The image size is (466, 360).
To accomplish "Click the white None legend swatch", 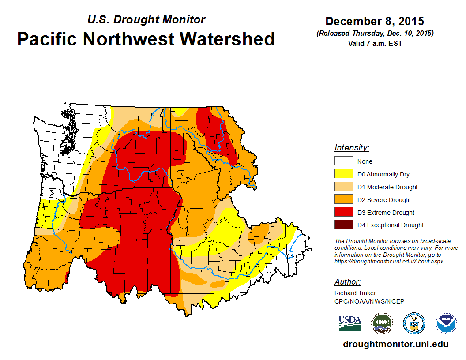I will click(x=343, y=161).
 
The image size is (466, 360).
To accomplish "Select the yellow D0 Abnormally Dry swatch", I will click(x=343, y=174).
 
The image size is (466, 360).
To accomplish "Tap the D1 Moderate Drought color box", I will click(x=343, y=187).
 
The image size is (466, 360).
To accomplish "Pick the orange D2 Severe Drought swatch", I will click(x=343, y=200).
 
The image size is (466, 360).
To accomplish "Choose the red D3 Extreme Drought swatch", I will click(x=343, y=213).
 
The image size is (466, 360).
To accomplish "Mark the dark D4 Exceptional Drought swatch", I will click(x=343, y=225).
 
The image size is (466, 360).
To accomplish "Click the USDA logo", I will click(x=350, y=323).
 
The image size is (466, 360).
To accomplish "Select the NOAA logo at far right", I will click(x=446, y=324).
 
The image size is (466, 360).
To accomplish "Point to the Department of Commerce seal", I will click(x=414, y=324).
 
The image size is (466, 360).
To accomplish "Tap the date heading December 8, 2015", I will click(x=375, y=21).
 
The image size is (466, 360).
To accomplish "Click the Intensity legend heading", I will click(x=352, y=148).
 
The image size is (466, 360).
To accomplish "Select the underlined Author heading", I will click(x=347, y=282).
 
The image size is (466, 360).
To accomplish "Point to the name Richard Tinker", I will click(x=355, y=293).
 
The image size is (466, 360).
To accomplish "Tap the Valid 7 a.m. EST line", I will click(x=375, y=43).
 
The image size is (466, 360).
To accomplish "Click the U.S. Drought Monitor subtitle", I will click(x=146, y=20).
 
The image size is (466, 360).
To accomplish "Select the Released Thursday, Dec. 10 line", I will click(x=375, y=34).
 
